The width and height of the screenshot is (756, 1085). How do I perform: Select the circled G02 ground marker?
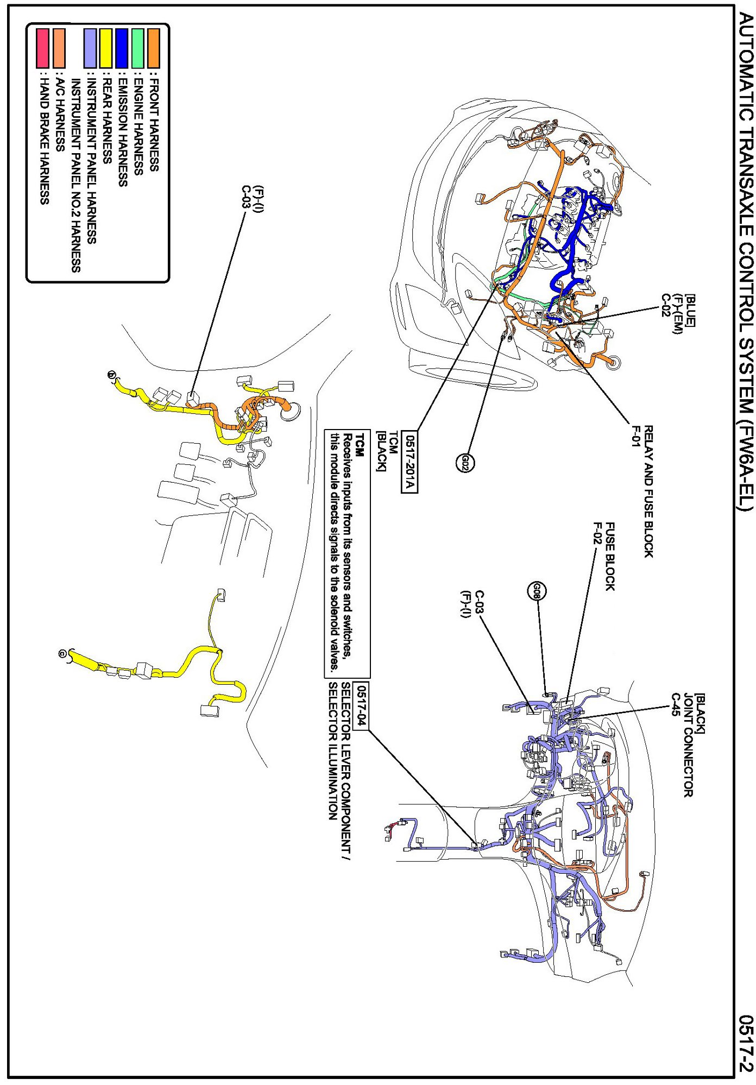tap(465, 463)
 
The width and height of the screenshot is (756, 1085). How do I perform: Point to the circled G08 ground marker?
tap(537, 591)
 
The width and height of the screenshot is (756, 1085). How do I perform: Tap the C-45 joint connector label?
tap(676, 705)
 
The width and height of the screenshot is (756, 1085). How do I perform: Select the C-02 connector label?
tap(665, 306)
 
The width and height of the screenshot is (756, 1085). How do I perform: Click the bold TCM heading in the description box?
tap(360, 443)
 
